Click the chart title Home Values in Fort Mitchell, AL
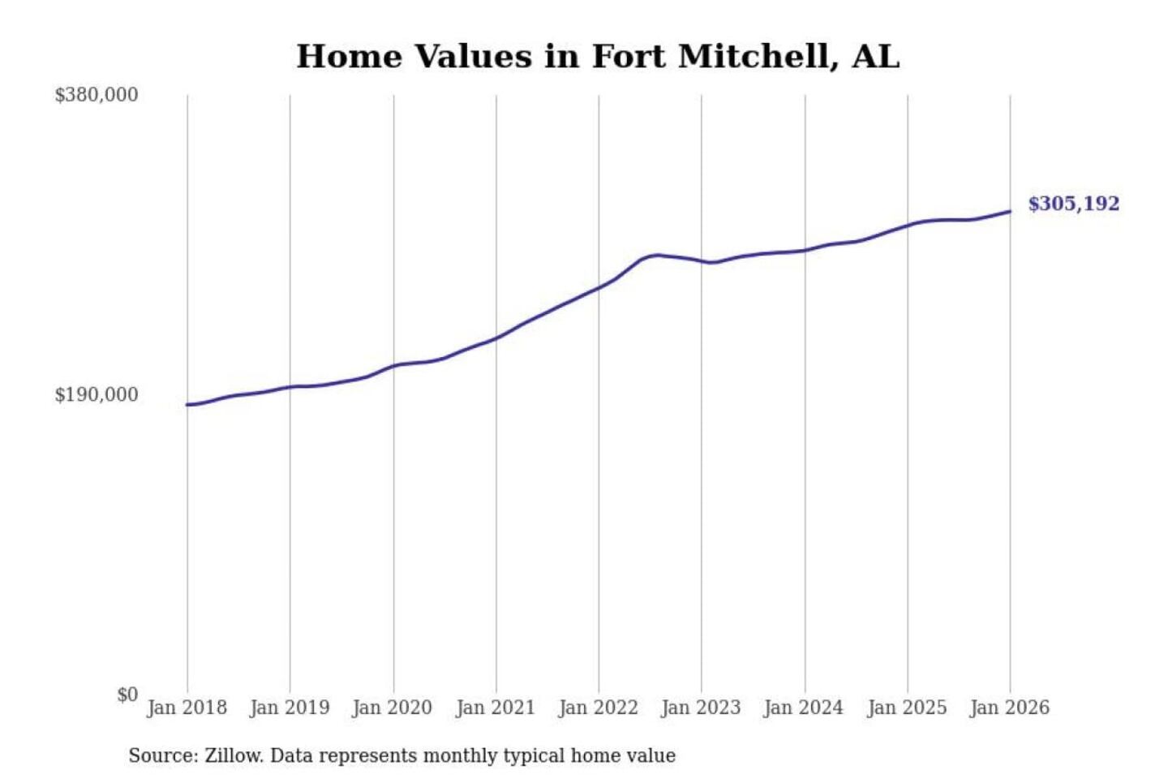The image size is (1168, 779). [x=598, y=57]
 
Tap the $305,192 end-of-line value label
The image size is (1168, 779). [x=1073, y=204]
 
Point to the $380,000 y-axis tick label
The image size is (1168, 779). [x=97, y=95]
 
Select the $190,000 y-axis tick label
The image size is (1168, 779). [x=97, y=395]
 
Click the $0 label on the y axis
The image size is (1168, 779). [x=127, y=695]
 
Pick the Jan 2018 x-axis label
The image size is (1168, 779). [x=187, y=708]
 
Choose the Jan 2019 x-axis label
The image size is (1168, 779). [x=290, y=708]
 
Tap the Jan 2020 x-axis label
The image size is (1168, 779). [x=393, y=708]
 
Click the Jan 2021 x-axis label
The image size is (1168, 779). [x=496, y=708]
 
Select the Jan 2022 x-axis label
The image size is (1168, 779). [x=599, y=708]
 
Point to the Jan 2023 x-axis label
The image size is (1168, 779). [x=701, y=708]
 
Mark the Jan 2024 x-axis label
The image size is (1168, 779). [x=804, y=708]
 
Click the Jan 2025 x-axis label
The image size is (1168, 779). [x=907, y=708]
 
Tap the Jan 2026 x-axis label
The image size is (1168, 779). [x=1010, y=708]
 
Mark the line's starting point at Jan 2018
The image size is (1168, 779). [x=187, y=404]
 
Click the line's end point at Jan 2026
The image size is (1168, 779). [x=1010, y=212]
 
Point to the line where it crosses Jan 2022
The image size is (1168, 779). [x=599, y=287]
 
